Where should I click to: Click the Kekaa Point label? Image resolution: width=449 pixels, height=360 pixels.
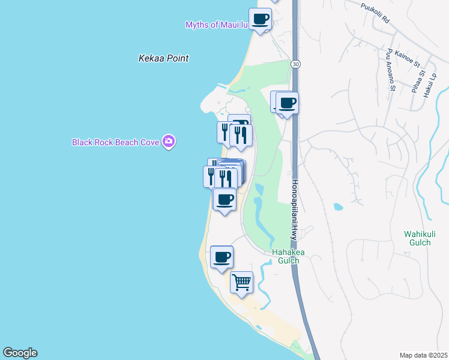point(163,58)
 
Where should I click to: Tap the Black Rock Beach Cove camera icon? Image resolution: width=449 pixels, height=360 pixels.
point(169,142)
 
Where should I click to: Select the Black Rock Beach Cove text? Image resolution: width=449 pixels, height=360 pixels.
point(115,142)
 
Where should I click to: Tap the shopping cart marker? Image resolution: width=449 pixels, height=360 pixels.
point(241,281)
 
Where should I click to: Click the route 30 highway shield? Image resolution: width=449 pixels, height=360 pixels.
point(295,64)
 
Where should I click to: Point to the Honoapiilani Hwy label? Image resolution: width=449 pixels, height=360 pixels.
point(295,210)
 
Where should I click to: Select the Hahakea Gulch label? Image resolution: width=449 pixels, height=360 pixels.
point(288,256)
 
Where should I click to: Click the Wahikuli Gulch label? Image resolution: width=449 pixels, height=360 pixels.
point(418,238)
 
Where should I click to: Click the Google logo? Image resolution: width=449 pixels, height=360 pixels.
point(20,353)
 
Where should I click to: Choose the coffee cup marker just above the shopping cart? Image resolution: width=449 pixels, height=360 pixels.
point(221,257)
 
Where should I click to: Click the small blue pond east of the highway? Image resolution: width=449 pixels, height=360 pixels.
point(338,207)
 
